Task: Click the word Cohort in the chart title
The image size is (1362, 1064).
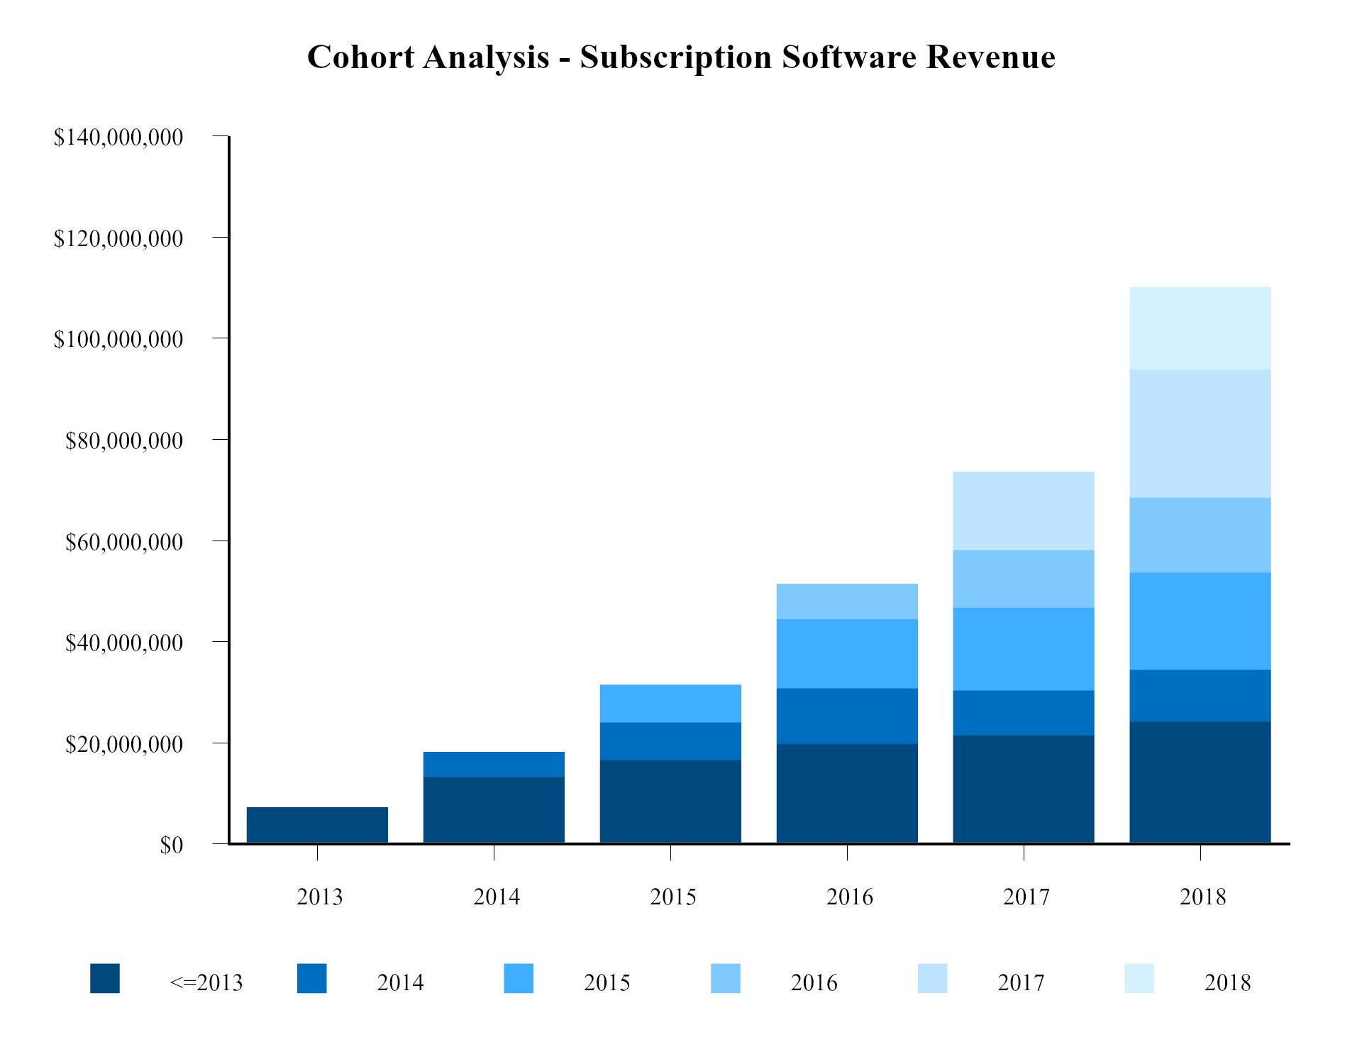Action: coord(360,57)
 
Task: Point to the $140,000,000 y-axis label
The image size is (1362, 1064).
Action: coord(118,137)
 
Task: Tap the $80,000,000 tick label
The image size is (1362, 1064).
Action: coord(124,440)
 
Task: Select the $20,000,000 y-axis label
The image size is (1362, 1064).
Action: coord(124,744)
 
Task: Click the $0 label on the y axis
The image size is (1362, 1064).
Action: coord(171,845)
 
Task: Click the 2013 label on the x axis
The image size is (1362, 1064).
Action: coord(319,897)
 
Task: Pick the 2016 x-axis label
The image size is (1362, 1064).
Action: coord(849,897)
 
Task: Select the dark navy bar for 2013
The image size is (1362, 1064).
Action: coord(317,825)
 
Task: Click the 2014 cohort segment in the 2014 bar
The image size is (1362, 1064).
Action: coord(494,764)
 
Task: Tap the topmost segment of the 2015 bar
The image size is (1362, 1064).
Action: coord(670,703)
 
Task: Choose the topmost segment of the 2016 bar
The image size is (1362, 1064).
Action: coord(847,602)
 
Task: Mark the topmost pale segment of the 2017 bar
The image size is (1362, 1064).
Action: coord(1023,511)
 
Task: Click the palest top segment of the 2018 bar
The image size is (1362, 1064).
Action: coord(1200,328)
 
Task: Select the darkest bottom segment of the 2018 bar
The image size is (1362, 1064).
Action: coord(1200,782)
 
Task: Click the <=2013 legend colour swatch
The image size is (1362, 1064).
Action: coord(105,978)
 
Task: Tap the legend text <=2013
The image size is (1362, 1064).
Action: coord(206,982)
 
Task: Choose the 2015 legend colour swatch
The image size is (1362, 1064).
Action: coord(519,978)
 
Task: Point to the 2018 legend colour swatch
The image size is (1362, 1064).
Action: coord(1139,978)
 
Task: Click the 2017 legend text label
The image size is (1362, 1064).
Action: coord(1021,982)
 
